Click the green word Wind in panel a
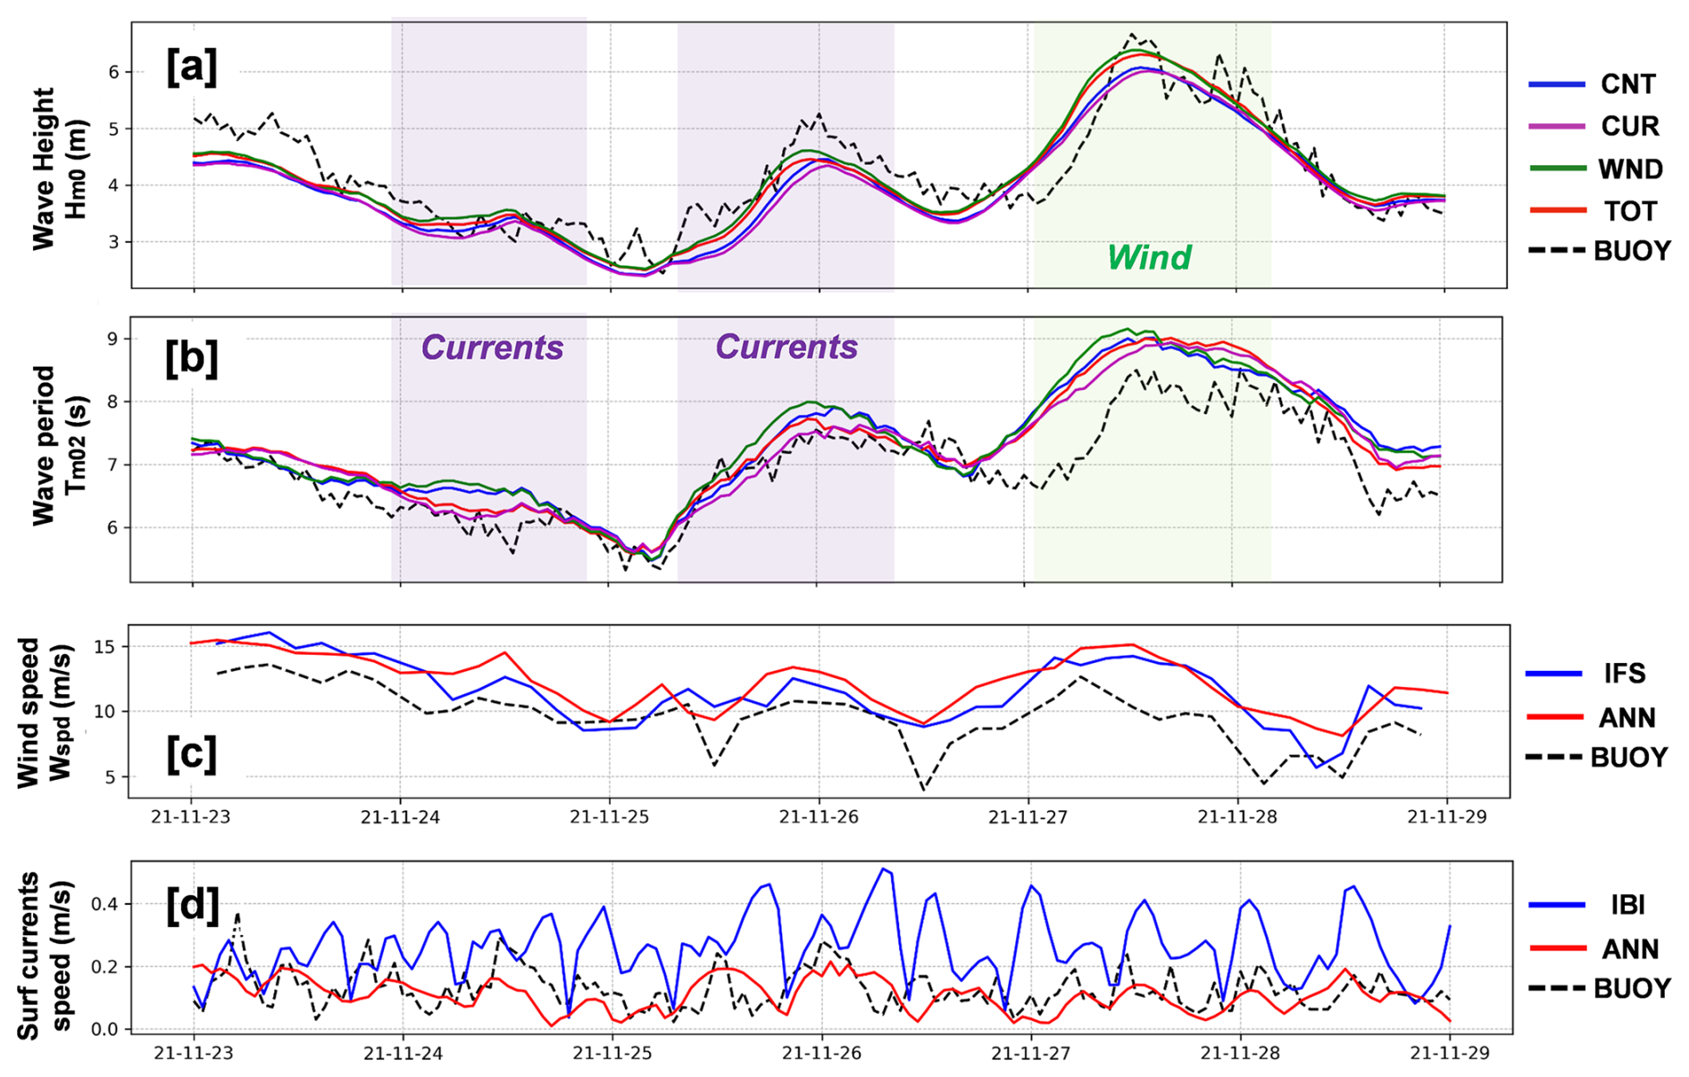pyautogui.click(x=1149, y=258)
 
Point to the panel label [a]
pyautogui.click(x=191, y=68)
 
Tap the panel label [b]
pyautogui.click(x=191, y=358)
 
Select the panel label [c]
pyautogui.click(x=191, y=754)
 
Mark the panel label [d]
pyautogui.click(x=192, y=906)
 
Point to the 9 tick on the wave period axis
pyautogui.click(x=112, y=339)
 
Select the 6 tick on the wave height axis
pyautogui.click(x=113, y=71)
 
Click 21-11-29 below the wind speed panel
pyautogui.click(x=1447, y=816)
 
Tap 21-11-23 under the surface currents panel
pyautogui.click(x=194, y=1053)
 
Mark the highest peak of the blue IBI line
pyautogui.click(x=883, y=868)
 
